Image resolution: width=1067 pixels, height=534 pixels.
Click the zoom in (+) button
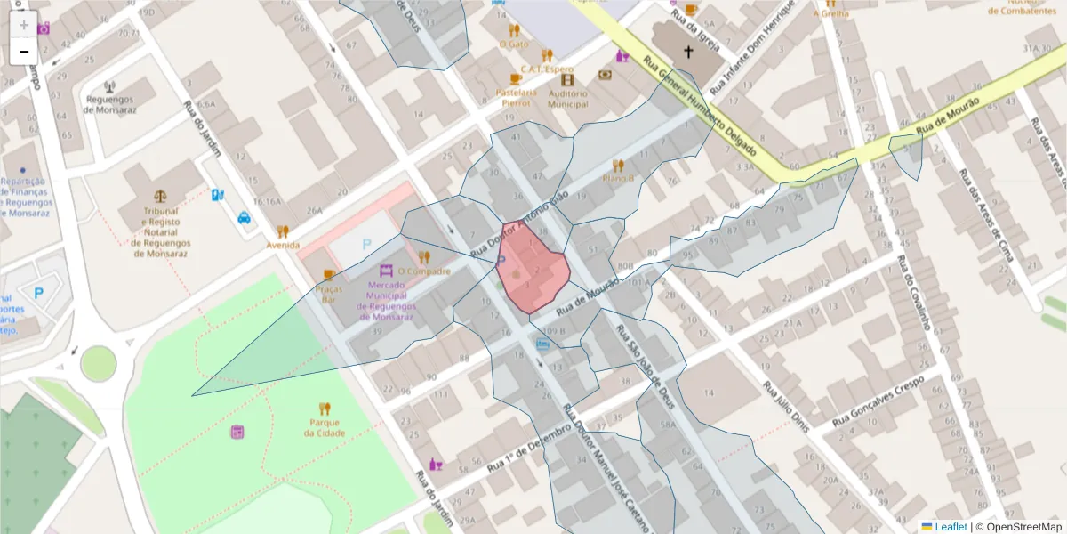click(x=23, y=24)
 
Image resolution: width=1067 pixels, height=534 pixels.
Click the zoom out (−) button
click(x=23, y=52)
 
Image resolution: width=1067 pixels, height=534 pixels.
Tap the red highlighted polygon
click(x=533, y=271)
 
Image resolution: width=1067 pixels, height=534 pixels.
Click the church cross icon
click(x=687, y=53)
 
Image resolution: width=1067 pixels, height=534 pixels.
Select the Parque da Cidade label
click(x=325, y=428)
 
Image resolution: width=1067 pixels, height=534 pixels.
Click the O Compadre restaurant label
click(x=424, y=271)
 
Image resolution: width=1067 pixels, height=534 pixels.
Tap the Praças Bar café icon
click(x=329, y=274)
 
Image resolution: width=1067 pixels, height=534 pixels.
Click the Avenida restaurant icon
click(x=283, y=231)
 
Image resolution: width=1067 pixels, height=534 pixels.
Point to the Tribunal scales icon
click(x=160, y=194)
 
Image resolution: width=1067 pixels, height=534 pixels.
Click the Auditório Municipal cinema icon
click(x=567, y=80)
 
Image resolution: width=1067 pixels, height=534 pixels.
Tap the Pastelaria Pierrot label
click(x=517, y=97)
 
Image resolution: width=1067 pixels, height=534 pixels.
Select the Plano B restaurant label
click(x=617, y=177)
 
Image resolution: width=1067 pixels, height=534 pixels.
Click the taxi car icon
click(x=244, y=216)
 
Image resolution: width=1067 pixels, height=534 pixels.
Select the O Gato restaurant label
click(x=514, y=44)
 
